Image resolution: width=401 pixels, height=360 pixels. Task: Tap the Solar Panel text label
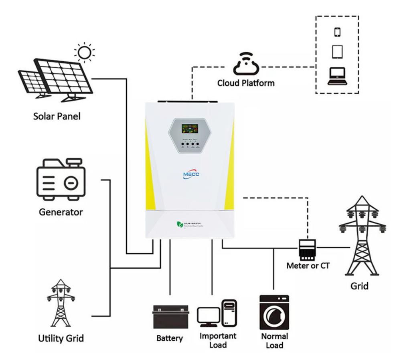[x=57, y=116]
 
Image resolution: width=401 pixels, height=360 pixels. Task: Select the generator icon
[x=61, y=179]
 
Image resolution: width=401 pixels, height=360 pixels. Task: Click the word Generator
[x=61, y=212]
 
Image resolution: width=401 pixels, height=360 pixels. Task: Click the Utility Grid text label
[x=61, y=338]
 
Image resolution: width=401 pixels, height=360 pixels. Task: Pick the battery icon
[x=170, y=316]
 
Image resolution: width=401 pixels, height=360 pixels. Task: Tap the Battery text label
[x=170, y=338]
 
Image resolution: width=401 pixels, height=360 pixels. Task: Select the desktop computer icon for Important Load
[x=217, y=313]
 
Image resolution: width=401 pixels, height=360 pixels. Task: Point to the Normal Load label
[x=274, y=341]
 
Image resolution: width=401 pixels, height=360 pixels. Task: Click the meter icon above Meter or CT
[x=308, y=249]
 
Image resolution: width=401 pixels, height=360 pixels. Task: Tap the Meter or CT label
[x=308, y=265]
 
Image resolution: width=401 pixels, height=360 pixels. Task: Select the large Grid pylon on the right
[x=362, y=237]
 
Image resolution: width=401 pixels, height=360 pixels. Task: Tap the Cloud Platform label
[x=246, y=83]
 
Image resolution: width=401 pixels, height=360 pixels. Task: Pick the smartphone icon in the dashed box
[x=336, y=31]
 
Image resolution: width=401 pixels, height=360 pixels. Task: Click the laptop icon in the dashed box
[x=337, y=77]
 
